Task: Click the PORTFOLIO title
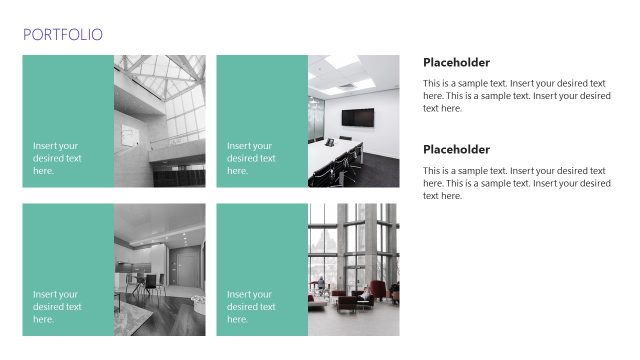[62, 35]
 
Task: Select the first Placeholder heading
[456, 62]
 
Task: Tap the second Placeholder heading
[456, 149]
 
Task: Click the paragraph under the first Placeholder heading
[516, 96]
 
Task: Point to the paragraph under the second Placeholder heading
[516, 183]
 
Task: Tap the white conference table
[335, 155]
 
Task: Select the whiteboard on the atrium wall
[129, 134]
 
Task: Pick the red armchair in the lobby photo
[377, 290]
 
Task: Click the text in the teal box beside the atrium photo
[57, 158]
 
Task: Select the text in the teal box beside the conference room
[251, 158]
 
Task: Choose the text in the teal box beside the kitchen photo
[57, 307]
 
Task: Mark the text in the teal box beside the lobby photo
[251, 307]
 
